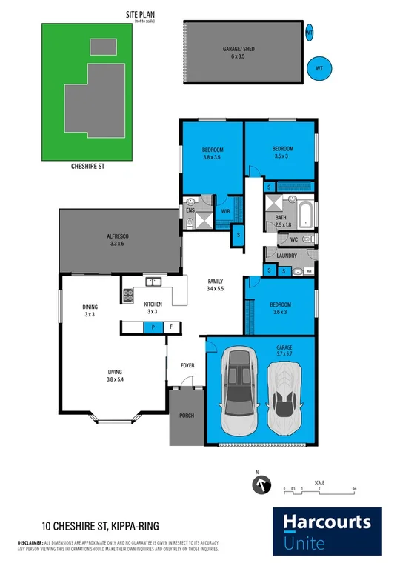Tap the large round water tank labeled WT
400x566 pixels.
[320, 69]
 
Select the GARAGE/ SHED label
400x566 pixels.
[239, 53]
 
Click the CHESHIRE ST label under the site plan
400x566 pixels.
[87, 167]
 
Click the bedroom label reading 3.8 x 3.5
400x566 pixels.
[213, 153]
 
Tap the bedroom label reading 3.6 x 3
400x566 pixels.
[279, 308]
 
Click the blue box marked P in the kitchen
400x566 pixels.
[153, 327]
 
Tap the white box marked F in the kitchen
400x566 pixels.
[171, 327]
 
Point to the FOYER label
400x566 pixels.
[187, 365]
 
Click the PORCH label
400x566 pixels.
[186, 416]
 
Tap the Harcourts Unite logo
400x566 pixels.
[327, 530]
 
